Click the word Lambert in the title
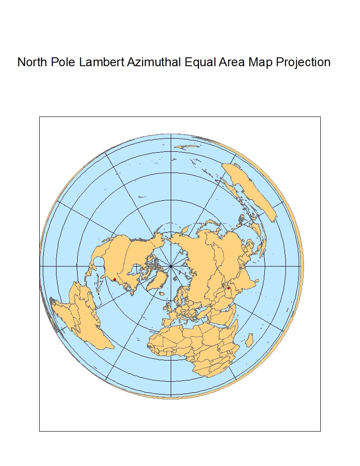pyautogui.click(x=102, y=62)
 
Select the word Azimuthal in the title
pyautogui.click(x=154, y=62)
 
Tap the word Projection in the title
pyautogui.click(x=303, y=62)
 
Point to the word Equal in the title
pyautogui.click(x=199, y=62)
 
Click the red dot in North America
pyautogui.click(x=115, y=279)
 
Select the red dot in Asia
pyautogui.click(x=229, y=288)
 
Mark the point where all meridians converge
pyautogui.click(x=171, y=266)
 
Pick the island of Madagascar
pyautogui.click(x=249, y=340)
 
